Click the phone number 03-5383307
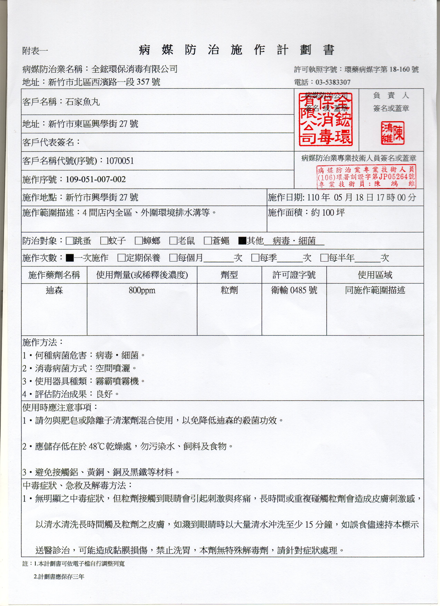[x=333, y=82]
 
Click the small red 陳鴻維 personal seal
[x=393, y=133]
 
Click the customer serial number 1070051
[x=120, y=161]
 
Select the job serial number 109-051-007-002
[x=96, y=179]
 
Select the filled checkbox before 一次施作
[x=70, y=258]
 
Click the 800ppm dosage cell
[x=142, y=290]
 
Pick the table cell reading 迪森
[x=54, y=290]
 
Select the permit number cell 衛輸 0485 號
[x=294, y=290]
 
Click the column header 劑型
[x=229, y=275]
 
